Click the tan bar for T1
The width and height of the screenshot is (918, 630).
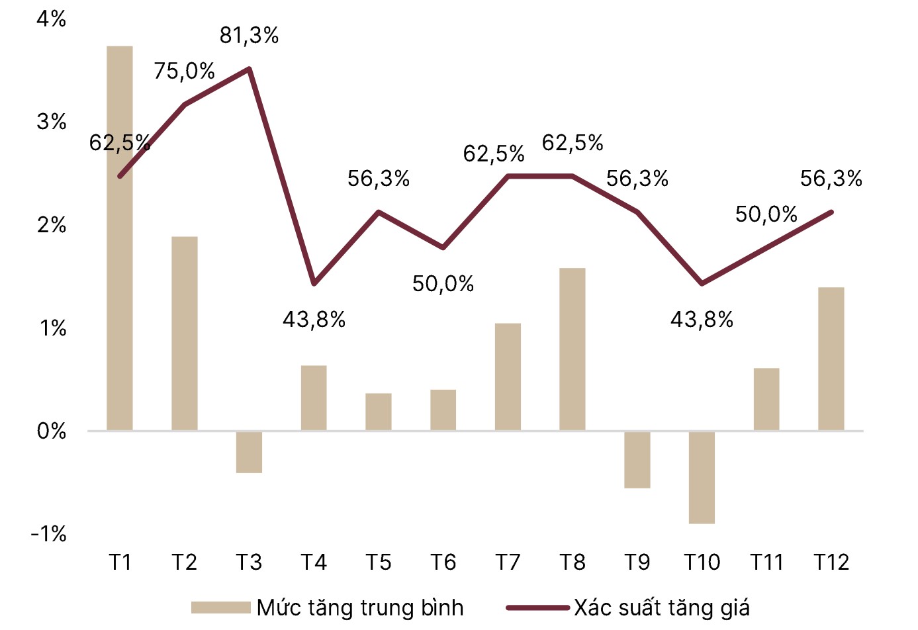[x=120, y=238]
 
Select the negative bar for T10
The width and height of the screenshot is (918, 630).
[x=702, y=477]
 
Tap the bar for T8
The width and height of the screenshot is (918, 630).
[x=573, y=349]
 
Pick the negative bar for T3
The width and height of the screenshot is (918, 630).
[x=249, y=452]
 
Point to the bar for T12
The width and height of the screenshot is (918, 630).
[x=831, y=359]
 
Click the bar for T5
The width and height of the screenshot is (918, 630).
[x=379, y=412]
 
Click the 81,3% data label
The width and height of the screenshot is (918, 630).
[x=249, y=36]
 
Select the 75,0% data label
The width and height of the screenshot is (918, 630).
[x=184, y=71]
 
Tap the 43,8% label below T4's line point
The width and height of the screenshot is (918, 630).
[x=314, y=320]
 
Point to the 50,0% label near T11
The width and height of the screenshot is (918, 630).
[x=766, y=214]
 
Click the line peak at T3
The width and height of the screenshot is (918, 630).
[x=249, y=69]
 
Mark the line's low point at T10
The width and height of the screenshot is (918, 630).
[x=702, y=283]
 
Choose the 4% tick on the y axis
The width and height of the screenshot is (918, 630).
[x=52, y=19]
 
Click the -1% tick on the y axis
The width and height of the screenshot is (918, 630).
[x=49, y=534]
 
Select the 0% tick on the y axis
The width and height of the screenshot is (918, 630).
[x=52, y=431]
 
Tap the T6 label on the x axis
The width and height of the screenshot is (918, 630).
[x=443, y=562]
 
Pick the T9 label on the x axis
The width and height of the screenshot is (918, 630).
[x=637, y=562]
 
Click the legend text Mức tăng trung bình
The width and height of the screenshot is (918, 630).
[x=360, y=607]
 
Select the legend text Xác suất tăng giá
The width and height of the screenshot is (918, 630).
[x=662, y=607]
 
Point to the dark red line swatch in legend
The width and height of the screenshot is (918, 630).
[x=537, y=607]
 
